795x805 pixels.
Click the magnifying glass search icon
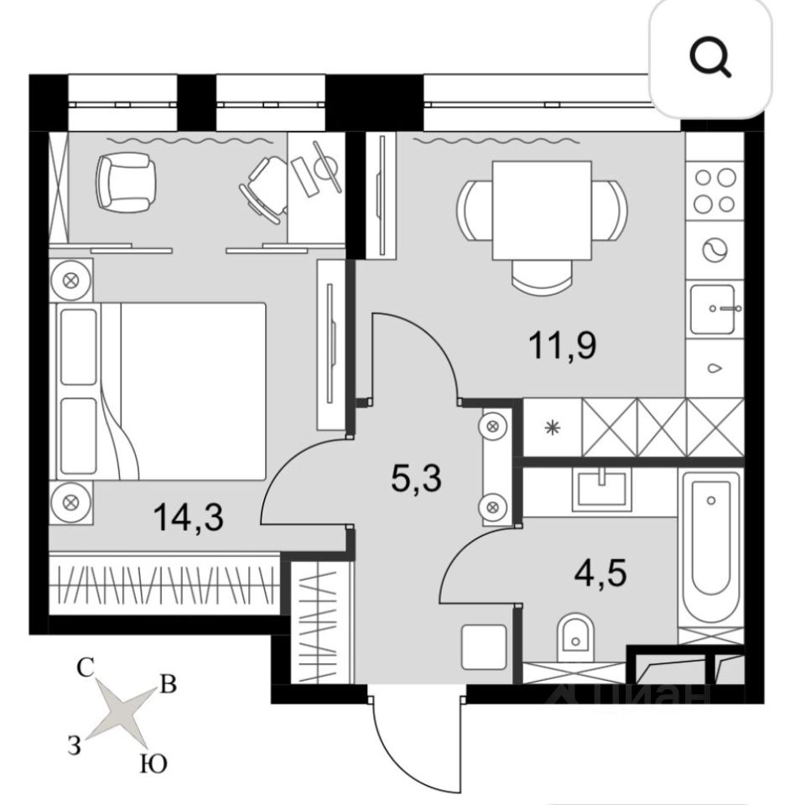coord(711,58)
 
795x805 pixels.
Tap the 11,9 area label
coord(563,345)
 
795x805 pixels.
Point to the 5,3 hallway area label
coord(416,480)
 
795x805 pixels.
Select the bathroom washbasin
coord(600,489)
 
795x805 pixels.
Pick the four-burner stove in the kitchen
coord(715,190)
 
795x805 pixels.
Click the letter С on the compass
coord(84,667)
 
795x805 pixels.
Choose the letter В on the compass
coord(168,685)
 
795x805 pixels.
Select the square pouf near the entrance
coord(484,647)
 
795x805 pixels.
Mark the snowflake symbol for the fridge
coord(552,430)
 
